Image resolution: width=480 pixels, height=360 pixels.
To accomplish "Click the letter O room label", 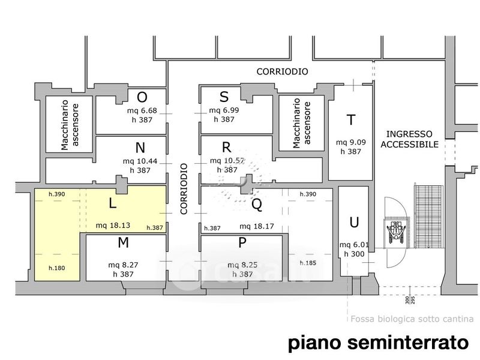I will [142, 97].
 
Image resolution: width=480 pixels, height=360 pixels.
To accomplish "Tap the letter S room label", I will [224, 97].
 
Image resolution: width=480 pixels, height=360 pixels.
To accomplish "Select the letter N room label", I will [140, 148].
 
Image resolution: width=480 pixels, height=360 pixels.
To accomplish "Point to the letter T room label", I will [350, 120].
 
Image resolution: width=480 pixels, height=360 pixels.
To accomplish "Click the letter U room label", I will [354, 223].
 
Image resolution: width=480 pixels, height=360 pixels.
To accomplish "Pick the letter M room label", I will [124, 242].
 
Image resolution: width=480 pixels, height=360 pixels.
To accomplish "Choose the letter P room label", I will [242, 242].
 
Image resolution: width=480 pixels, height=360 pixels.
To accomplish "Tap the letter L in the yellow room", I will [112, 203].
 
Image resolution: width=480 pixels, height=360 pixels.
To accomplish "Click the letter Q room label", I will [257, 205].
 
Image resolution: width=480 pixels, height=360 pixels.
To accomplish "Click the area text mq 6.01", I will [354, 245].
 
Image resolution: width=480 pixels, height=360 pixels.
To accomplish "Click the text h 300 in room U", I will [354, 254].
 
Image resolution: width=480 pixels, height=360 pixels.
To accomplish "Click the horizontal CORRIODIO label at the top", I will [282, 71].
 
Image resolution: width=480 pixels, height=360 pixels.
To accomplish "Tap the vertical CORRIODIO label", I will [184, 188].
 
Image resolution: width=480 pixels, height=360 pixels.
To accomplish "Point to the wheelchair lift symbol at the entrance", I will [397, 230].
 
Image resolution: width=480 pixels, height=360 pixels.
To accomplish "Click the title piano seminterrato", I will [377, 343].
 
